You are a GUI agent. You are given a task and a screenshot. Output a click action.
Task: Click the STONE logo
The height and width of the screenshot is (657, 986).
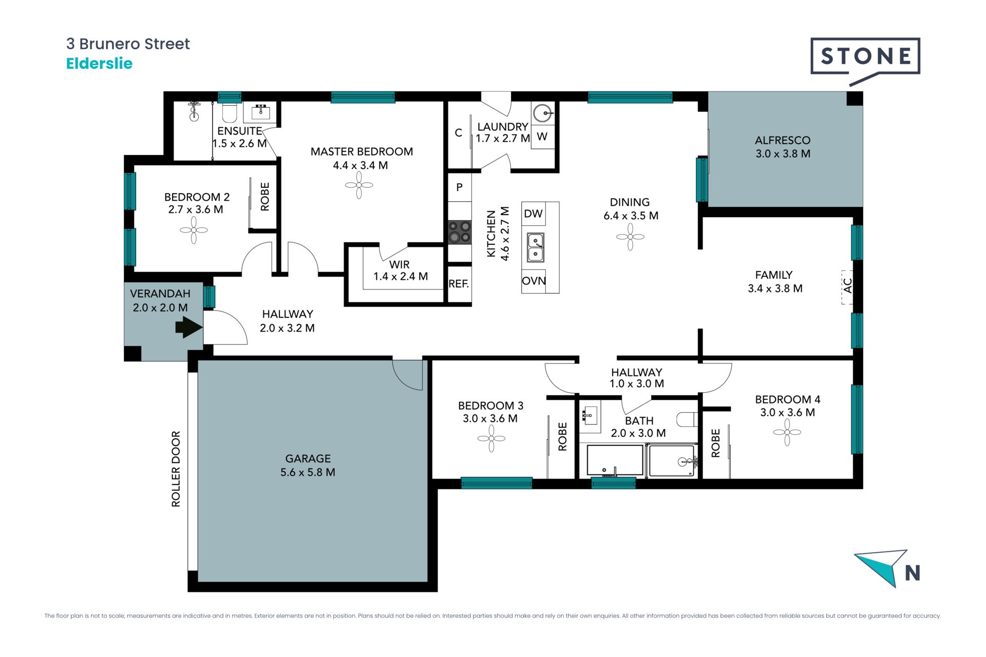tap(865, 59)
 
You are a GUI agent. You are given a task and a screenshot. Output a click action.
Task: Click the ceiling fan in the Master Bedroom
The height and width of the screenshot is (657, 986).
tap(359, 185)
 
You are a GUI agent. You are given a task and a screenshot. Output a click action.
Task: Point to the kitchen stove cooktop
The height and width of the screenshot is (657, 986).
tap(460, 231)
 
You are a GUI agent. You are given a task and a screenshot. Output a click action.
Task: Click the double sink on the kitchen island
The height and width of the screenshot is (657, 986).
tap(536, 247)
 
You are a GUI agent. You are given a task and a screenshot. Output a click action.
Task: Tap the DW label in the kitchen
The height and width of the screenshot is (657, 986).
tap(533, 214)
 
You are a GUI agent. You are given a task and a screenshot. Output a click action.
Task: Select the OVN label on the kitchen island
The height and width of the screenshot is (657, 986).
tap(534, 281)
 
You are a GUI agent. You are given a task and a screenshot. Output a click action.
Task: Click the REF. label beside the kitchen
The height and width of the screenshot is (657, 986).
tap(459, 284)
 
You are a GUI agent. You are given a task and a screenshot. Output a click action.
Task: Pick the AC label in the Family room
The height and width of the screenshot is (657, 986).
tap(847, 285)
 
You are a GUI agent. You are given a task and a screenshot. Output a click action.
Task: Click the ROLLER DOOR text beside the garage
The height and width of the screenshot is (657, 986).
tap(176, 469)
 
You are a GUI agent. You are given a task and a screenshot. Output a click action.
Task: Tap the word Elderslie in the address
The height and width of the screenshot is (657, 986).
tap(99, 64)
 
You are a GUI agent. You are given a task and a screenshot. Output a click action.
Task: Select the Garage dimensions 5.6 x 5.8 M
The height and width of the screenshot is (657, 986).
tap(308, 472)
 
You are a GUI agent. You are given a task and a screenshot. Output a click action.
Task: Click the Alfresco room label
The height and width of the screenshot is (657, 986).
tap(783, 140)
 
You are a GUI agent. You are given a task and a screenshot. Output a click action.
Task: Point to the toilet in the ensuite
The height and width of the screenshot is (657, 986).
tap(229, 112)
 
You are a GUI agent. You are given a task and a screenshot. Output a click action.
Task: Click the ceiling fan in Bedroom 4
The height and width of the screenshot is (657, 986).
tap(787, 432)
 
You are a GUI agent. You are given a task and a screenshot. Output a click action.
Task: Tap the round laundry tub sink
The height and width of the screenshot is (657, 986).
tap(542, 112)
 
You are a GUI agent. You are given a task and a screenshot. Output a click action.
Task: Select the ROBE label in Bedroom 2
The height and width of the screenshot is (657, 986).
tap(265, 197)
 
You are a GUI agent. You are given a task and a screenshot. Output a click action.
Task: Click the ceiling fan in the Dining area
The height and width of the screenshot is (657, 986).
tap(630, 237)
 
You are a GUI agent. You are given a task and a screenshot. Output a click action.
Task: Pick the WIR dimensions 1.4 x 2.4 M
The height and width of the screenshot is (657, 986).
tap(401, 277)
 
